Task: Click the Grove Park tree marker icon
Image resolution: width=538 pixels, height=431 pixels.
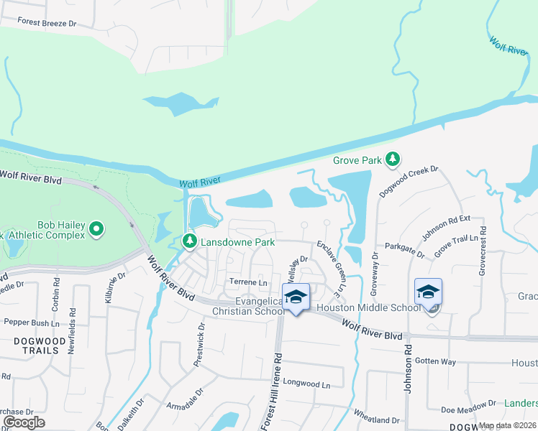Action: [392, 159]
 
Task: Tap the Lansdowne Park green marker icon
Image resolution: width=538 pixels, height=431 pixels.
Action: [190, 242]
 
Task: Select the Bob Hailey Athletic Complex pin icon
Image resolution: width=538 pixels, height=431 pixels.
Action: [97, 231]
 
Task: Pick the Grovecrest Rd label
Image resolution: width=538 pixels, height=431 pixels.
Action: [483, 251]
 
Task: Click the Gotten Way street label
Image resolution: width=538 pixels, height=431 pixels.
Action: [435, 361]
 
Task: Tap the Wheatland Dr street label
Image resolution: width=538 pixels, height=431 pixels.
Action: [375, 420]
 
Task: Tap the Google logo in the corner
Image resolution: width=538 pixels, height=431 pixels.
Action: [24, 422]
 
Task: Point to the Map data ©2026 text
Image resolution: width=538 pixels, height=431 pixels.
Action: [507, 425]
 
